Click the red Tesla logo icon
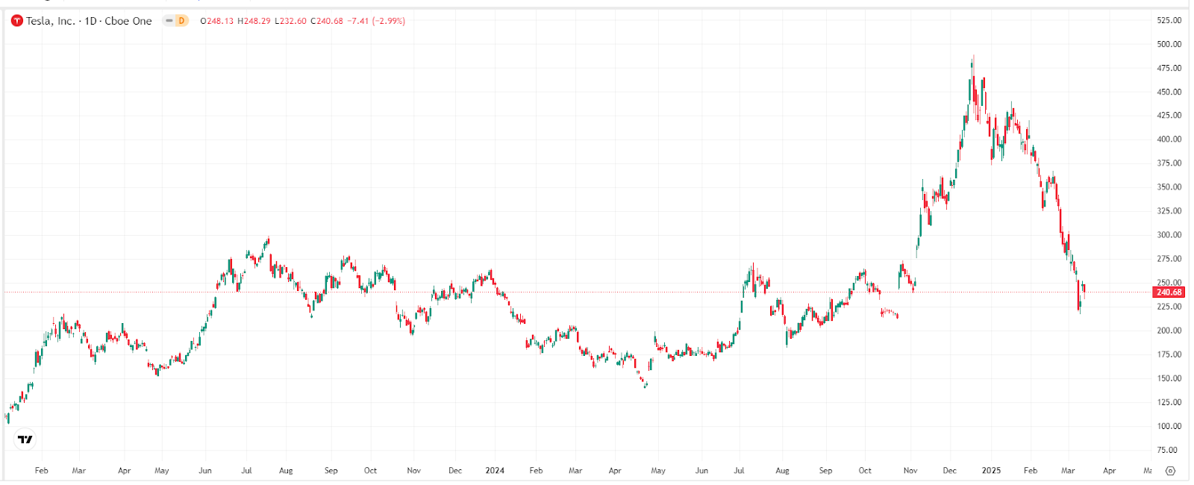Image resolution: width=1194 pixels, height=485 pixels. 17,21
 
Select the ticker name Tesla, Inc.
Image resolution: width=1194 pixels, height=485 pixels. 51,21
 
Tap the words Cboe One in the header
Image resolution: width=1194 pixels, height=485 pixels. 128,21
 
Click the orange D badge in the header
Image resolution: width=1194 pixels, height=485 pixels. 181,21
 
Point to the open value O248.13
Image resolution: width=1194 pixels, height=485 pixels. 217,21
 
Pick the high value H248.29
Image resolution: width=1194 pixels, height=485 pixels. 254,21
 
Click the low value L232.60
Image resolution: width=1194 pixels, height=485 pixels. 291,21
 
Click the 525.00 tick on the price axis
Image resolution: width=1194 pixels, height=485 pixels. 1169,20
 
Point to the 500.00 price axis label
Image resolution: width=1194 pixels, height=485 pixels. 1169,44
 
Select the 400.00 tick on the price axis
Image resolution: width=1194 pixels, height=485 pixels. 1169,140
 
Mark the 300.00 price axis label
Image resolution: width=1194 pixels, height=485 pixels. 1169,235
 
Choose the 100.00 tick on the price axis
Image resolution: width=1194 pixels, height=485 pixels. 1169,426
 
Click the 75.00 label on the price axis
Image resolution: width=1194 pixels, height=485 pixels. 1167,450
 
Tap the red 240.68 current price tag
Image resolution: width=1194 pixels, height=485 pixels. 1169,292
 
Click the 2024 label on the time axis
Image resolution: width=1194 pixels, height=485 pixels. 495,471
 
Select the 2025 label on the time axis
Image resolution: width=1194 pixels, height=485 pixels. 991,471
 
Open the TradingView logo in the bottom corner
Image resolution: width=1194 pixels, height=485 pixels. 25,439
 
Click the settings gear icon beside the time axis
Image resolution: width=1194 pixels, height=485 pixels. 1170,471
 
